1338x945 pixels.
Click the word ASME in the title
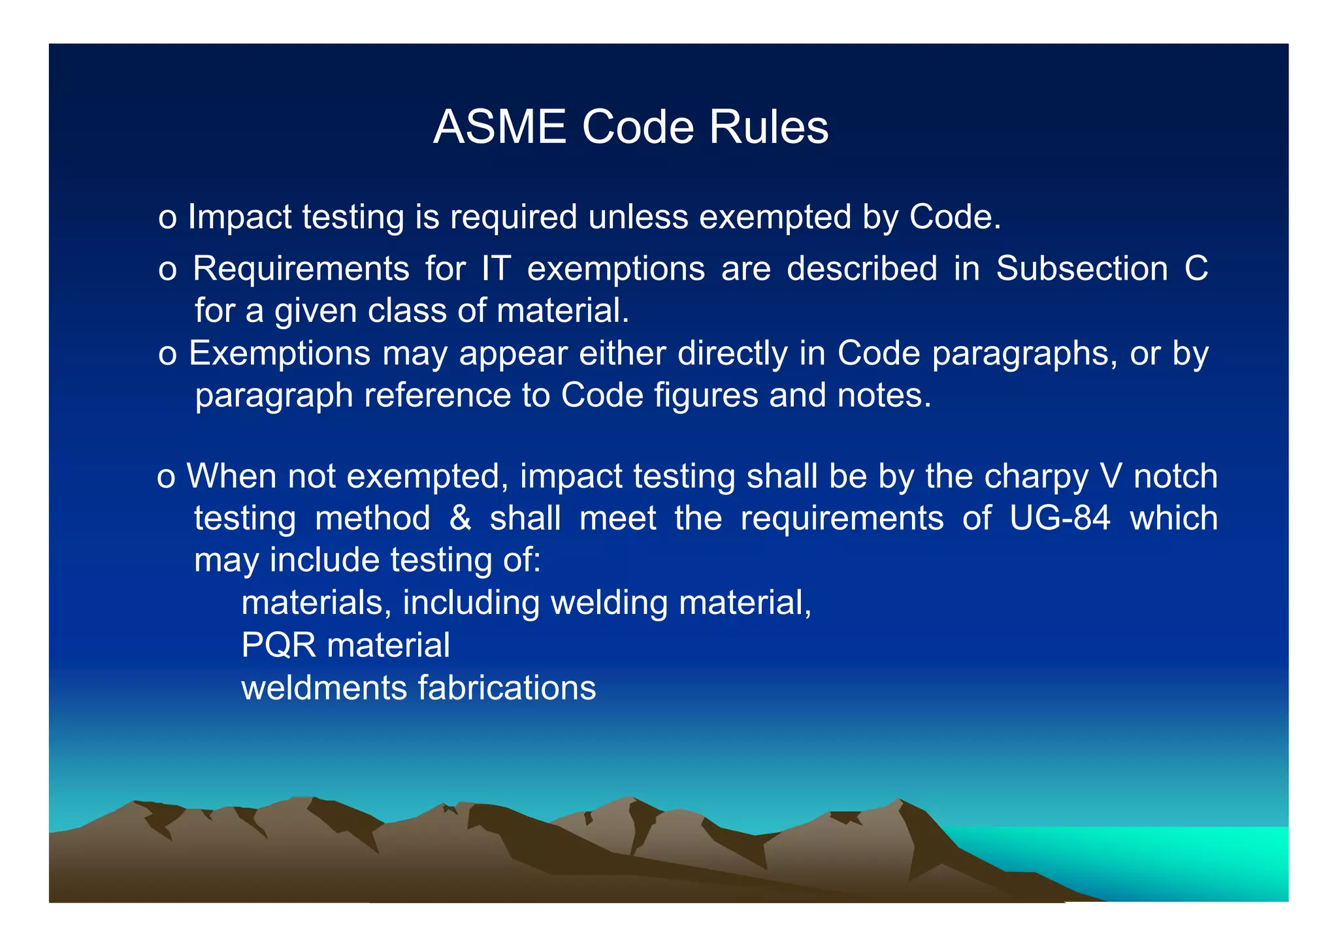point(500,127)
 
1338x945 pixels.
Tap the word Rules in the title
point(769,127)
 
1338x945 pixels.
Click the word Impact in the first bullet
point(240,217)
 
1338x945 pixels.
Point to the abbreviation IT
point(496,268)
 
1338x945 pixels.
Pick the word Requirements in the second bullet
point(301,268)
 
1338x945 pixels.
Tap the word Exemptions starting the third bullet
point(280,354)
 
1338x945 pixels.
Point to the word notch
point(1175,476)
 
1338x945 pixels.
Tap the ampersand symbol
point(460,519)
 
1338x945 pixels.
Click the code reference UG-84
point(1060,519)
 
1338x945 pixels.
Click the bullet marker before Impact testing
point(167,219)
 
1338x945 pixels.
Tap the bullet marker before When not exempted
point(166,478)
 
